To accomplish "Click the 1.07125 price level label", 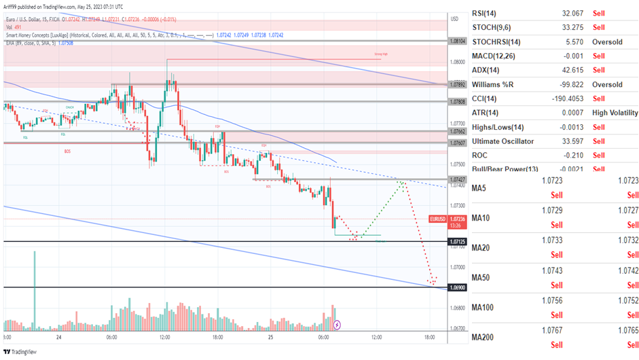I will (x=458, y=242).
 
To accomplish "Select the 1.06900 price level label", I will (x=458, y=288).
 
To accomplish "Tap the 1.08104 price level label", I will (x=458, y=41).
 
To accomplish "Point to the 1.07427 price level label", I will (x=458, y=180).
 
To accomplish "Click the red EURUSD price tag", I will (x=438, y=219).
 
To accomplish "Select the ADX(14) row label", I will (x=486, y=70).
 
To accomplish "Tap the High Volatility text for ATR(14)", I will (x=615, y=113).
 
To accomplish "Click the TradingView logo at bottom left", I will (x=20, y=352).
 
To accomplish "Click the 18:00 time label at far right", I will (x=429, y=337).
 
